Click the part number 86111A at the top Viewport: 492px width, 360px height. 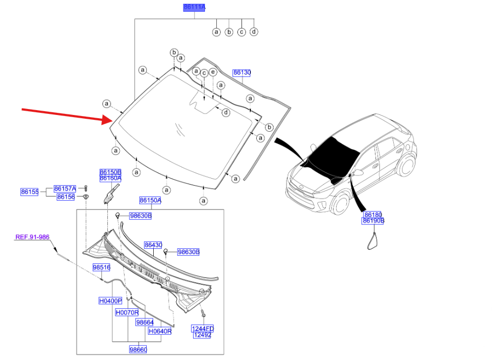(194, 7)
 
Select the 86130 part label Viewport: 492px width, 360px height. (242, 72)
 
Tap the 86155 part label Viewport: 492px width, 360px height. (30, 192)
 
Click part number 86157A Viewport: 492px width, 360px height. (65, 188)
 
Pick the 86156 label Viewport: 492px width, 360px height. (65, 197)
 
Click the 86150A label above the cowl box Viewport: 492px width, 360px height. (151, 200)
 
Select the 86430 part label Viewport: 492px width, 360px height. (153, 245)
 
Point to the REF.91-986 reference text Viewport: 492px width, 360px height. (32, 237)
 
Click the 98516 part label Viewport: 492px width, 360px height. (101, 267)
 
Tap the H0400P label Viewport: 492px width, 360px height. (110, 301)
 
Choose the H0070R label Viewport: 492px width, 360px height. (127, 313)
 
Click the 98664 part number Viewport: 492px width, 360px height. (145, 322)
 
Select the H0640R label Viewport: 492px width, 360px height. (160, 331)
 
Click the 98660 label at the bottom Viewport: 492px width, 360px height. (138, 350)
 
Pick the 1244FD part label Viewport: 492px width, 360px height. (203, 328)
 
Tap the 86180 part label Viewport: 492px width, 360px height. (373, 215)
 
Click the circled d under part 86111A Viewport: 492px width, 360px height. (254, 32)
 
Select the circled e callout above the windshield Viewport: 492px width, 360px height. (213, 72)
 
